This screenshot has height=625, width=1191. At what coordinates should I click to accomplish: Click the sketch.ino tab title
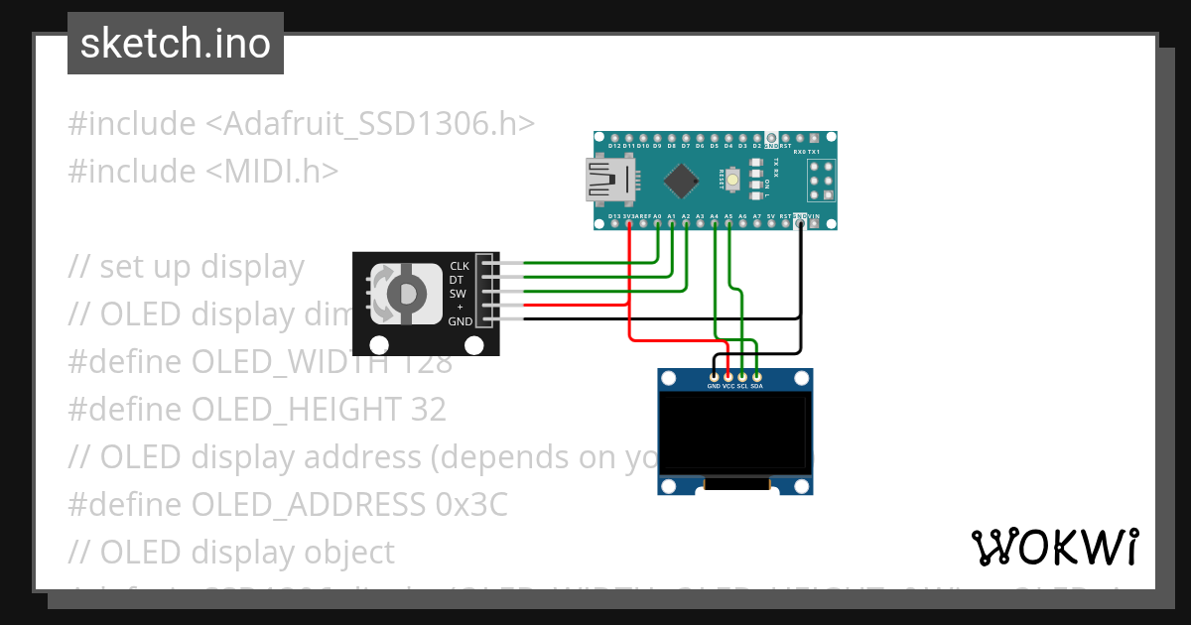tap(175, 44)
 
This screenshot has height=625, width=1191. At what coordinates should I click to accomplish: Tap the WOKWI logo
tap(1054, 547)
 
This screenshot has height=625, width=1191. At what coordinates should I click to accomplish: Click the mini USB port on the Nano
tap(607, 180)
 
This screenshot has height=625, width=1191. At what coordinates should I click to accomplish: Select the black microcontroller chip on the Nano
tap(681, 180)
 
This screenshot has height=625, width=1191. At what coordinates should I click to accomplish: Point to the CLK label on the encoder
tap(460, 266)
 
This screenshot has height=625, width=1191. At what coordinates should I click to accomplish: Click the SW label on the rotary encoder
tap(458, 294)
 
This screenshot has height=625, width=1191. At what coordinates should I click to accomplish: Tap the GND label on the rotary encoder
tap(460, 321)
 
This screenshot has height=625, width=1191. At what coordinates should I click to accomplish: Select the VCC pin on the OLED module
tap(728, 377)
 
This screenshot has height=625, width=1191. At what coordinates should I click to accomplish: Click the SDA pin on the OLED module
tap(757, 377)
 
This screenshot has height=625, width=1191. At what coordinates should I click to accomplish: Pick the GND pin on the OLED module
tap(714, 377)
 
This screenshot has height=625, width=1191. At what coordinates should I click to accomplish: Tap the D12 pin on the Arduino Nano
tap(614, 138)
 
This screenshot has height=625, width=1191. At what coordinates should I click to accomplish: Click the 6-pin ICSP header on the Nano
tap(821, 181)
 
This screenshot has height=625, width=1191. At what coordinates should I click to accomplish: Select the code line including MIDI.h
tap(203, 171)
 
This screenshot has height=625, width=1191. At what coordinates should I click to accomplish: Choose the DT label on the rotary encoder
tap(457, 280)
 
